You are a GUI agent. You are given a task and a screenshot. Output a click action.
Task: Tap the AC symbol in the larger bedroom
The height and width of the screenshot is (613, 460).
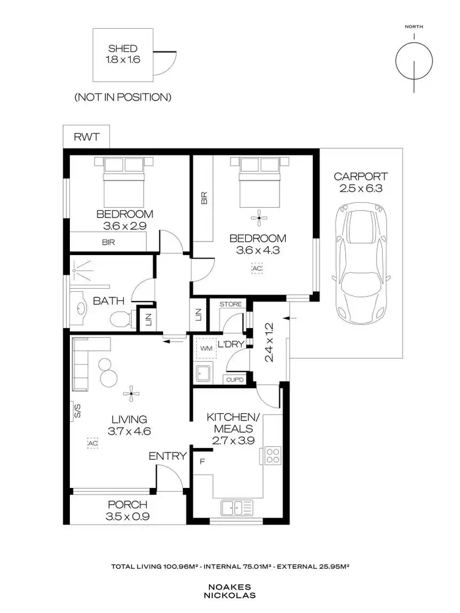(256, 267)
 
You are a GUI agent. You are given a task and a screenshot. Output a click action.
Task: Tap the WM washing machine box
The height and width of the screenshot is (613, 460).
(205, 348)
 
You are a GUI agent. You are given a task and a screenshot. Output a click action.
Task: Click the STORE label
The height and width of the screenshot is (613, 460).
(231, 304)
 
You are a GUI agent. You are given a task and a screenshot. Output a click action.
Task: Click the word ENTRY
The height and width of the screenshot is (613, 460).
(167, 456)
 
